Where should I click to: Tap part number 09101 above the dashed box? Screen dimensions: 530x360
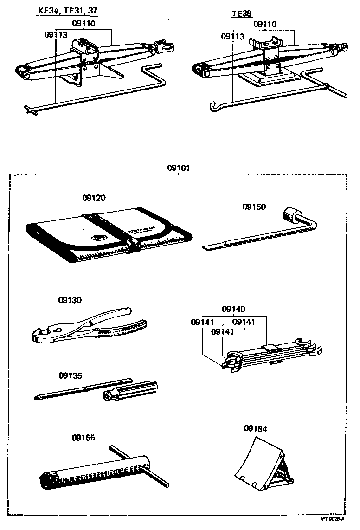tap(179, 168)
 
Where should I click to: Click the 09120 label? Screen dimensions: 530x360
tap(94, 198)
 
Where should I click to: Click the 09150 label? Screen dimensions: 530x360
tap(254, 207)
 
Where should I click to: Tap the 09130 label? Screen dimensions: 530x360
tap(70, 300)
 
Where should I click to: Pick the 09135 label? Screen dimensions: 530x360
tap(70, 375)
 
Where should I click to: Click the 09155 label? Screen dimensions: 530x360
tap(84, 437)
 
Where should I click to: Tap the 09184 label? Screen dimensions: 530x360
tap(255, 429)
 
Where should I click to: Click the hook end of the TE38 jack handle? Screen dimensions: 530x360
tap(212, 108)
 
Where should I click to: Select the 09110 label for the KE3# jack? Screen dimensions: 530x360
tap(84, 23)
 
